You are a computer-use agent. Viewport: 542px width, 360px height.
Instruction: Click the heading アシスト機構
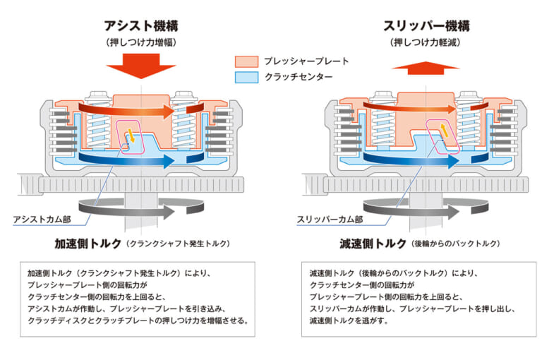click(x=140, y=28)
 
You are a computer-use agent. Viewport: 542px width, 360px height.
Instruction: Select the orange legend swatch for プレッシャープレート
click(x=246, y=61)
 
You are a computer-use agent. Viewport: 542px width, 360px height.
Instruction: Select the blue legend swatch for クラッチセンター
click(x=246, y=78)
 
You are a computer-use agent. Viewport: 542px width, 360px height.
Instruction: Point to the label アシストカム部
click(x=42, y=219)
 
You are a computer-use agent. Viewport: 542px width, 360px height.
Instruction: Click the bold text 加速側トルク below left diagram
click(x=88, y=244)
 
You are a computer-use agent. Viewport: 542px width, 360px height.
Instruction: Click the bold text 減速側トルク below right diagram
click(x=373, y=244)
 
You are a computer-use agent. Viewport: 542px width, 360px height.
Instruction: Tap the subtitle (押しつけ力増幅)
click(x=140, y=43)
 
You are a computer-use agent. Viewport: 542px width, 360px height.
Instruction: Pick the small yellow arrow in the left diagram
click(x=130, y=136)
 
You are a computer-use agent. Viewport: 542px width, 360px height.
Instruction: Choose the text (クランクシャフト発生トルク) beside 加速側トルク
click(x=179, y=244)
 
